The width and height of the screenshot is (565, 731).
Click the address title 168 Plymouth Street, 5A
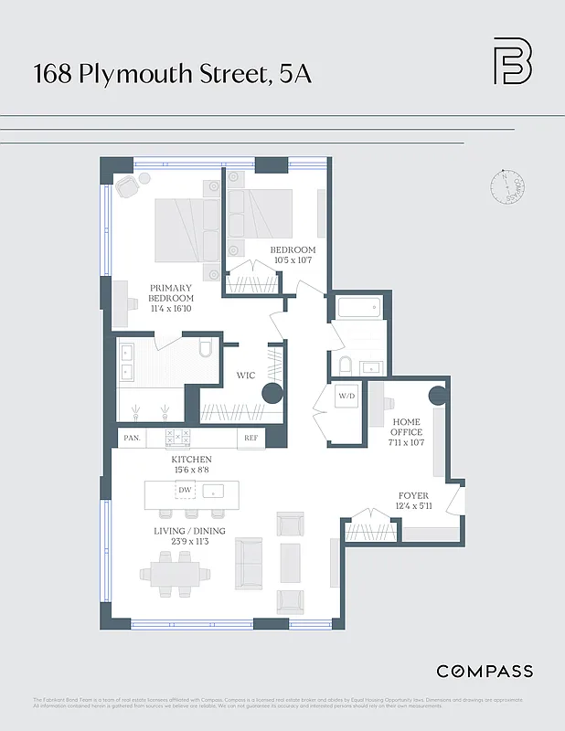[173, 74]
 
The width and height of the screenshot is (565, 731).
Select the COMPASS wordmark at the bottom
[485, 672]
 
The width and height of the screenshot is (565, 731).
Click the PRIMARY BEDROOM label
[172, 293]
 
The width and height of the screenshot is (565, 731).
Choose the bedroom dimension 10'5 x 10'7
[293, 260]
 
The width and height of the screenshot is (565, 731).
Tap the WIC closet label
[245, 376]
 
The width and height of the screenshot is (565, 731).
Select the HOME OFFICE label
[407, 427]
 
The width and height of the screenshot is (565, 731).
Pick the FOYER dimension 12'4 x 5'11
[413, 506]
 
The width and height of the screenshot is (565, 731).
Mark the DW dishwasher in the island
[185, 491]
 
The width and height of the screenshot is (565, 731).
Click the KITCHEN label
[191, 459]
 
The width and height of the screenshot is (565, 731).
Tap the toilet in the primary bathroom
[204, 348]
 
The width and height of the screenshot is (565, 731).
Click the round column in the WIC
[272, 394]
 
